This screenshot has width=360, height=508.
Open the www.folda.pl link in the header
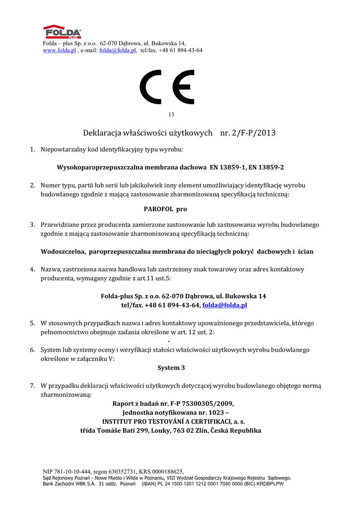[59, 51]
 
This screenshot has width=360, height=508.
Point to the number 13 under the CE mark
[171, 115]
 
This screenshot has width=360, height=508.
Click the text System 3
[171, 368]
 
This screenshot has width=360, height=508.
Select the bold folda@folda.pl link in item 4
[224, 305]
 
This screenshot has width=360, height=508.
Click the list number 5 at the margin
[32, 323]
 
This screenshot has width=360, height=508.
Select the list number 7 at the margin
[32, 385]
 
